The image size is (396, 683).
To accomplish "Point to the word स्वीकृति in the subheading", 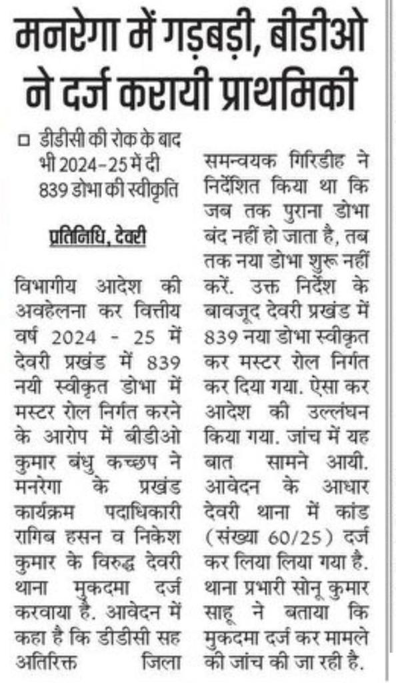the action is tap(157, 187).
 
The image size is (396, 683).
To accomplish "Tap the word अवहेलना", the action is tap(47, 308).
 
